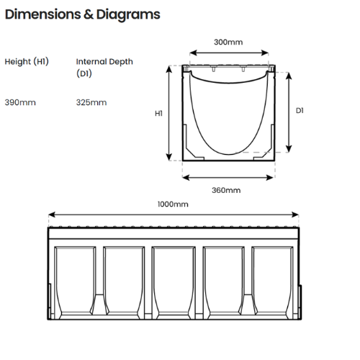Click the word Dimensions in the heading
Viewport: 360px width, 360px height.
[x=43, y=14]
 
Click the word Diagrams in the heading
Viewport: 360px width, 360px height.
[x=128, y=15]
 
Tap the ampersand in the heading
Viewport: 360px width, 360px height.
[x=89, y=14]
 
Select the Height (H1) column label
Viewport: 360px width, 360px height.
[x=27, y=62]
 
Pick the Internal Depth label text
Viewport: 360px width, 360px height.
[x=104, y=62]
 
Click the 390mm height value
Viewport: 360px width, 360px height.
[x=20, y=102]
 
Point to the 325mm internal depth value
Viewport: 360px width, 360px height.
[x=91, y=102]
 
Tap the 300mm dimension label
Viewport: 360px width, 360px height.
[x=228, y=42]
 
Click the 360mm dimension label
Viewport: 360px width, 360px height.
[x=226, y=190]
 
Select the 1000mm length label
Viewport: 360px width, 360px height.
[x=173, y=204]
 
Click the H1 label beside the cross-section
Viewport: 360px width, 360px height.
[x=158, y=113]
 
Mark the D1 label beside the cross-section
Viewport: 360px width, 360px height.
[x=300, y=111]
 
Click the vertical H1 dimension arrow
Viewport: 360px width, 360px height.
[x=169, y=113]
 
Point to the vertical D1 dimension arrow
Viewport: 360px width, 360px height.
[x=289, y=112]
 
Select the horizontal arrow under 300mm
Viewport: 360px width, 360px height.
[x=229, y=53]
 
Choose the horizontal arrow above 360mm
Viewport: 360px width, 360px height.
[x=228, y=178]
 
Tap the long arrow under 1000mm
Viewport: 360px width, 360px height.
[x=174, y=215]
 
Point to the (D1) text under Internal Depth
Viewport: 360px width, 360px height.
[x=84, y=73]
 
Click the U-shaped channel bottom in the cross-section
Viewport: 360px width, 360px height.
[x=229, y=154]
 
